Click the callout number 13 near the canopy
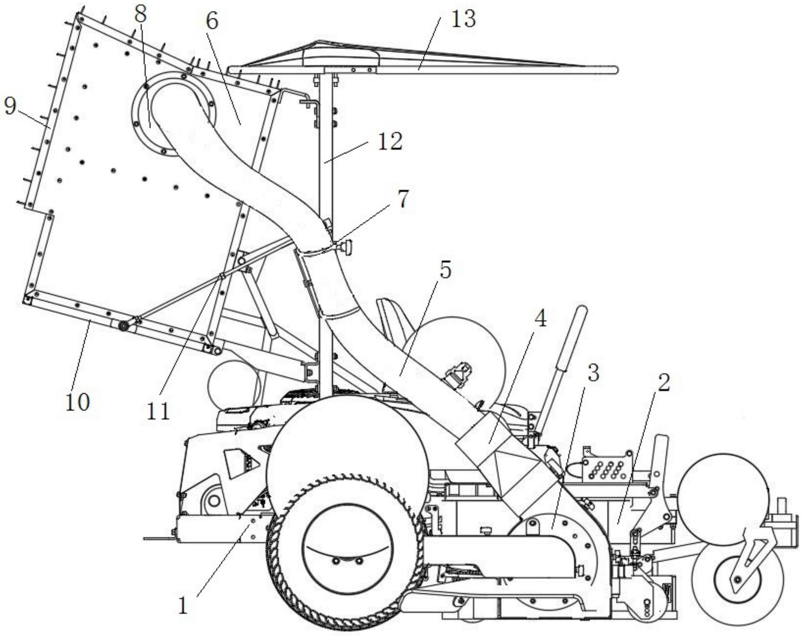463,19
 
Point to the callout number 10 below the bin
77,402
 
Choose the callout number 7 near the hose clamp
403,199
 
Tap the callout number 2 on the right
663,382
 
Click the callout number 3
593,372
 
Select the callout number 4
540,319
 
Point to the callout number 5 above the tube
445,270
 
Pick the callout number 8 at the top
141,15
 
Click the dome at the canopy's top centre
341,55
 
